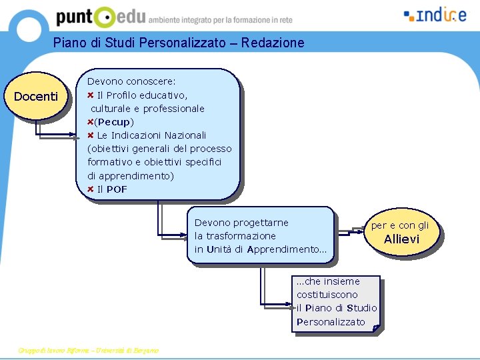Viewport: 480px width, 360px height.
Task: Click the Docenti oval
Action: coord(36,97)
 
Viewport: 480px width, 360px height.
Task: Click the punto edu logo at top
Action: coord(100,17)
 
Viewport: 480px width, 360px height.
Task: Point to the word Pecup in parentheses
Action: coord(115,122)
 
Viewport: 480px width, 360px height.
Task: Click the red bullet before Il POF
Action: coord(91,189)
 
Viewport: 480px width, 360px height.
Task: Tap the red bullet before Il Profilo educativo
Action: coord(91,95)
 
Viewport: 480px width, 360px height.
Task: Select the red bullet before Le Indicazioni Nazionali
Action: coord(91,135)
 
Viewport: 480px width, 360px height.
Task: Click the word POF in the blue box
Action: coord(117,189)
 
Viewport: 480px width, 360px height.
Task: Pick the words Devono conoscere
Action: coord(131,81)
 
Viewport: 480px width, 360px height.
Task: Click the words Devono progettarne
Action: coord(241,223)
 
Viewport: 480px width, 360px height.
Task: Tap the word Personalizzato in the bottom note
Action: coord(331,322)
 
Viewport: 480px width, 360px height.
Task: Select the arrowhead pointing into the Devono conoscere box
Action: coord(77,136)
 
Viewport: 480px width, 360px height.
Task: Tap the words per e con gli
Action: coord(400,225)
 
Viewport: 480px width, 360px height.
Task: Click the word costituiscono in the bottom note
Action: coord(327,295)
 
